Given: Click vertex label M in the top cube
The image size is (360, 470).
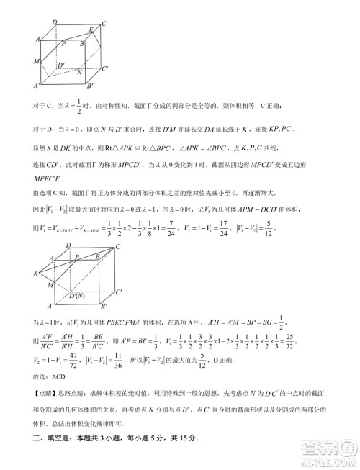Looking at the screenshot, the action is coord(35,61).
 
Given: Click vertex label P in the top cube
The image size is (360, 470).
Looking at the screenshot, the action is coord(64,45).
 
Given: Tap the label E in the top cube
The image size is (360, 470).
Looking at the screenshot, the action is coord(91,30).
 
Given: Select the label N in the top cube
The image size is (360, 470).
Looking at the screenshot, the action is coord(78,73).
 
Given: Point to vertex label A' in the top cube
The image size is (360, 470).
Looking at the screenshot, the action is coord(36,86).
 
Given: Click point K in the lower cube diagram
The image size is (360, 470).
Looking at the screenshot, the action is coord(35,274).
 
